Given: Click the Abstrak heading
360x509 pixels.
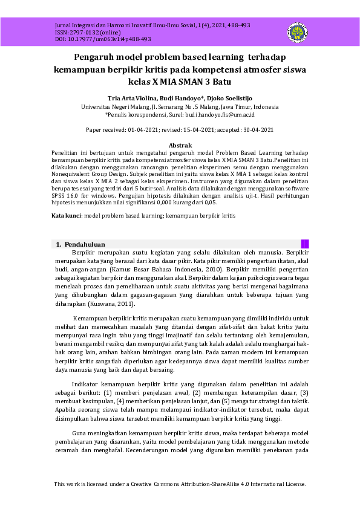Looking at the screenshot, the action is coord(180,146).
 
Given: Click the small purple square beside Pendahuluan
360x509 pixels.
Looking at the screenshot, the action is coord(305,244).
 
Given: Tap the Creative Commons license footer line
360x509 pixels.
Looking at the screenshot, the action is coord(180,484).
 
